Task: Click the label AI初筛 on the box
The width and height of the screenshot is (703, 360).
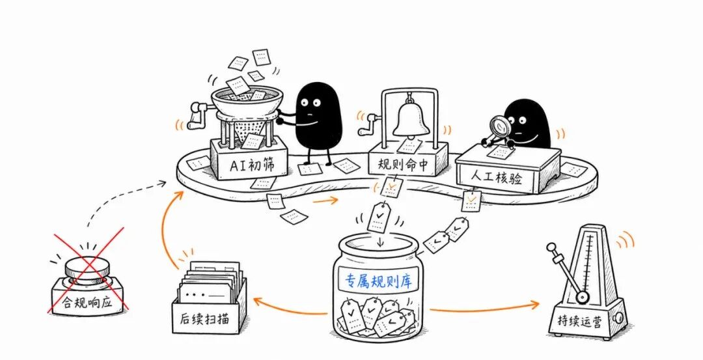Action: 251,165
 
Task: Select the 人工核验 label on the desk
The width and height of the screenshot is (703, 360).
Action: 496,178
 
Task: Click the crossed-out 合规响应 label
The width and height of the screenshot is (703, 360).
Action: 87,303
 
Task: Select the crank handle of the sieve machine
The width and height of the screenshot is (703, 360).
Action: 198,115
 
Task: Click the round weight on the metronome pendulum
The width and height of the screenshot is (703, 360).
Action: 582,296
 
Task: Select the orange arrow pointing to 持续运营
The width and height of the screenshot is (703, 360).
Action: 484,307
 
